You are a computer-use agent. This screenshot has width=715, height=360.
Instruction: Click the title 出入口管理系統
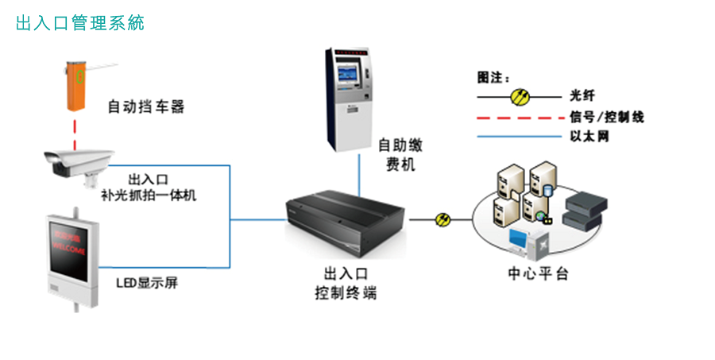click(x=79, y=23)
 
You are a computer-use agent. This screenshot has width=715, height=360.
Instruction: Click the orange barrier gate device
click(x=78, y=84)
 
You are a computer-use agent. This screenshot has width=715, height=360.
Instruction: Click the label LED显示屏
click(x=141, y=281)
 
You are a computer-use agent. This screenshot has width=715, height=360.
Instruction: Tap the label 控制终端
click(x=345, y=293)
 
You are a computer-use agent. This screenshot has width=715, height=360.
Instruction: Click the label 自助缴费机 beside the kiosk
click(x=396, y=155)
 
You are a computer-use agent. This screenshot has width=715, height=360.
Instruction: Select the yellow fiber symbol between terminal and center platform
click(x=443, y=219)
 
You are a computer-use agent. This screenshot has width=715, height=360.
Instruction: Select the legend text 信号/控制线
click(x=606, y=117)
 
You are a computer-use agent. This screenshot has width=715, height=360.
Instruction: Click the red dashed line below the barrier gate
click(x=75, y=131)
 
